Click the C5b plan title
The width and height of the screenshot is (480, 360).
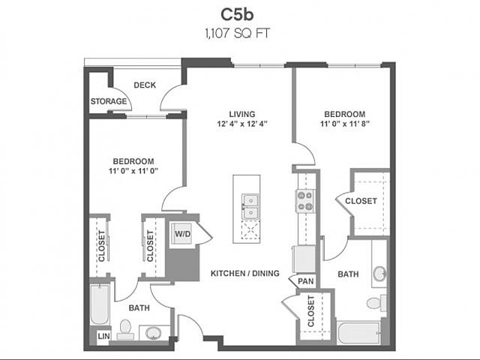coord(239,14)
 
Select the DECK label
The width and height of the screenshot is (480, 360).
coord(145,85)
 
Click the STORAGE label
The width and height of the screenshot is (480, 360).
coord(108,101)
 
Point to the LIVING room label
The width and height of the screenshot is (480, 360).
coord(242,114)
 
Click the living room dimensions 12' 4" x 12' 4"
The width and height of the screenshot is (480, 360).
coord(242,124)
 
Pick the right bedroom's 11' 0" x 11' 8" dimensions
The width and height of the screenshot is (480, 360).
coord(344,124)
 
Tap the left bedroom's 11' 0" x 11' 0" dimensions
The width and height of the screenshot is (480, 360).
coord(133,171)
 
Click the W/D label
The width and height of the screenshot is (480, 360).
coord(182,234)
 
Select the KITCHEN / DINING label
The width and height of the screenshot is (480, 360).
coord(244,273)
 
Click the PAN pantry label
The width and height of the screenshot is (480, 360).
coord(305,281)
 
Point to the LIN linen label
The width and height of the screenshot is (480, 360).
coord(103,337)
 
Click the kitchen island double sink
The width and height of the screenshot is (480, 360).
coord(250,207)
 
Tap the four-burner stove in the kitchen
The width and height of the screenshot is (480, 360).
coord(305,200)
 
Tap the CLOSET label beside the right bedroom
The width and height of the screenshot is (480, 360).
coord(361,200)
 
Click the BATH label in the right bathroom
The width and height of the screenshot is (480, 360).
coord(347,274)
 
